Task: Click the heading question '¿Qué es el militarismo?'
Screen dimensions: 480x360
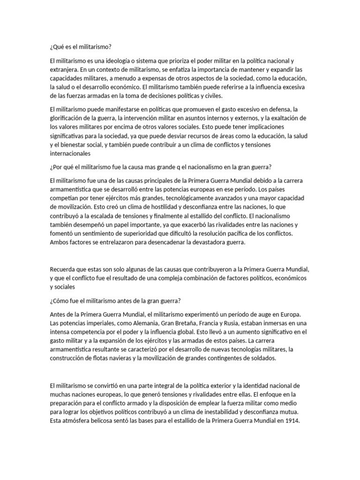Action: [81, 47]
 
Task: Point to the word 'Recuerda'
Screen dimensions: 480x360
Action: [62, 270]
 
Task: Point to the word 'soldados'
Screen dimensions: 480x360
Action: [263, 359]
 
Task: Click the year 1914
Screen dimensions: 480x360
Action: [291, 420]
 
